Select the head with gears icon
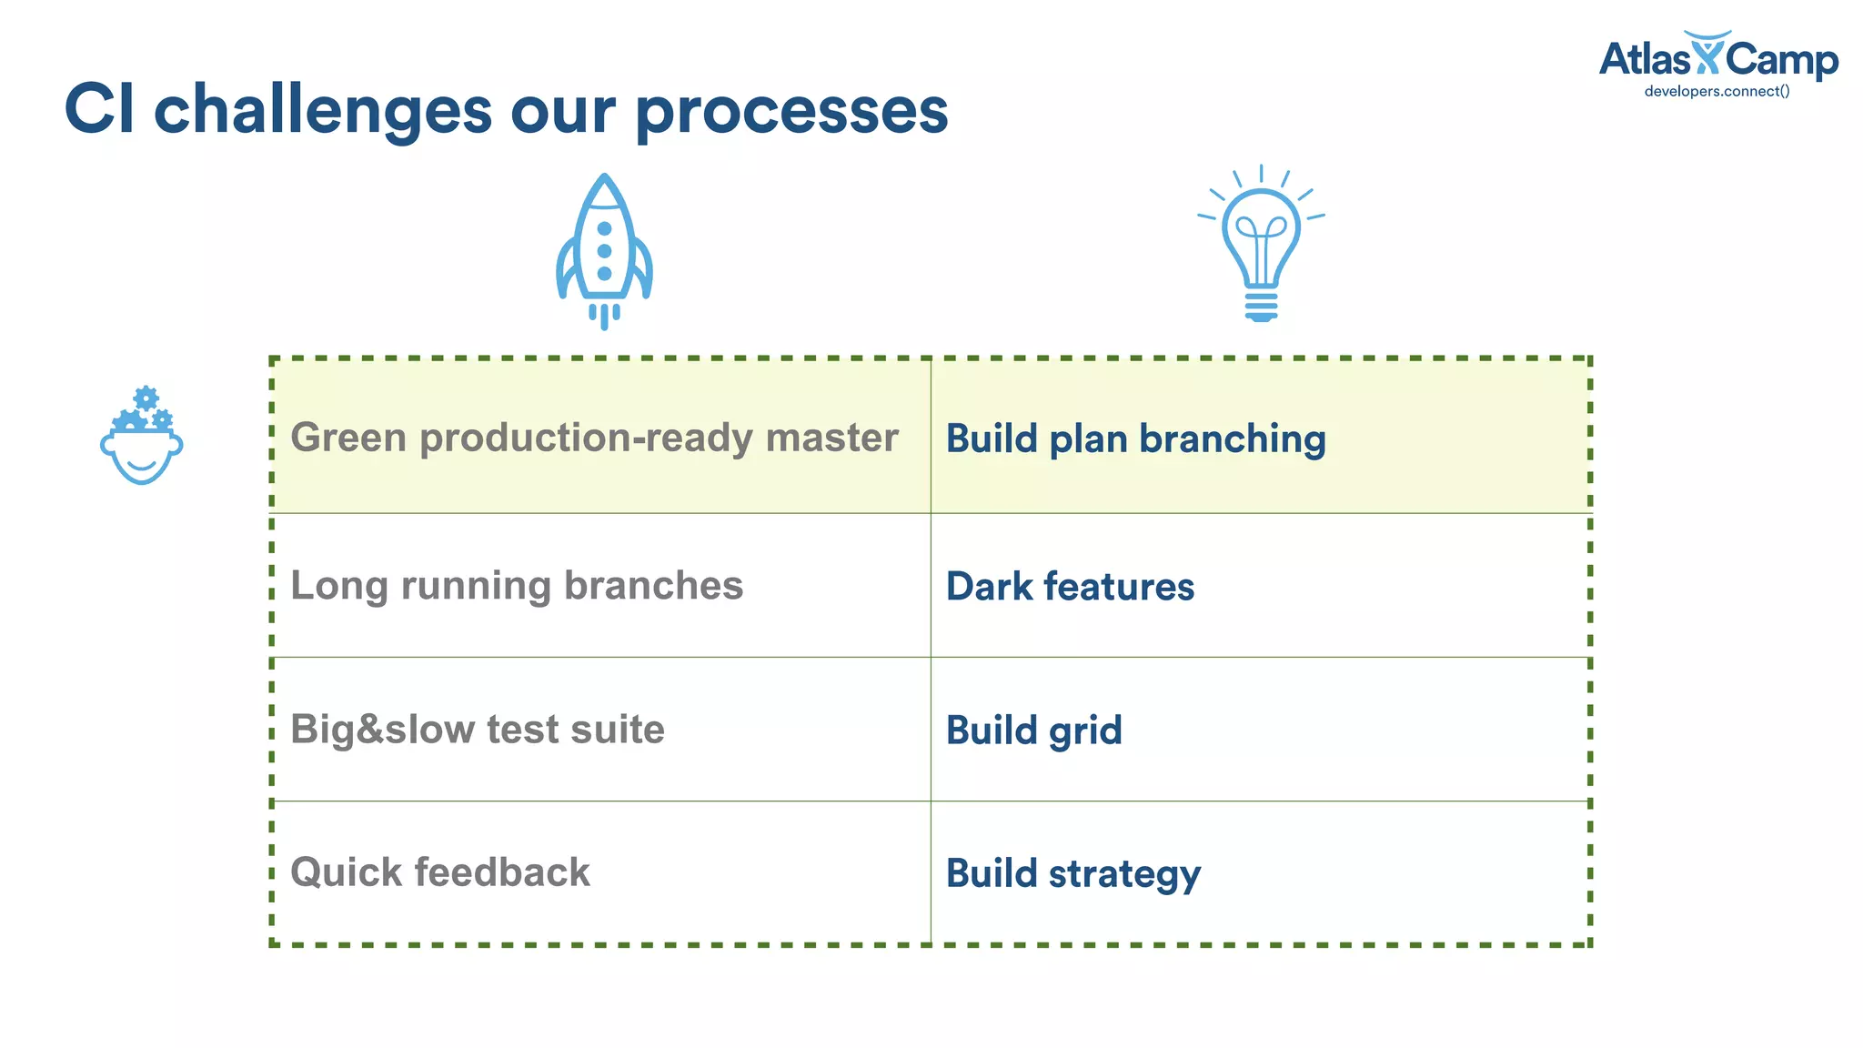(142, 437)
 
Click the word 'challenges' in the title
(323, 109)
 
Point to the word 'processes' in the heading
(792, 109)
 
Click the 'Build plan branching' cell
(1135, 438)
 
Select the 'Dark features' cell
(1070, 587)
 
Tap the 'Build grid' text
(1033, 731)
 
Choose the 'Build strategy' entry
(1073, 874)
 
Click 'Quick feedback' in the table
(440, 872)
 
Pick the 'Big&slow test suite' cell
(478, 730)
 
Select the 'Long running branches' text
(517, 586)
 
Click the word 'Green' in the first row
(348, 438)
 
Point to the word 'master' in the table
(831, 438)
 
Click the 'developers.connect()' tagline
(1717, 91)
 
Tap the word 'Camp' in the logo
(1781, 60)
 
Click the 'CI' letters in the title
(99, 109)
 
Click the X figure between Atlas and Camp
(1707, 53)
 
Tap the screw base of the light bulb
(1261, 306)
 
